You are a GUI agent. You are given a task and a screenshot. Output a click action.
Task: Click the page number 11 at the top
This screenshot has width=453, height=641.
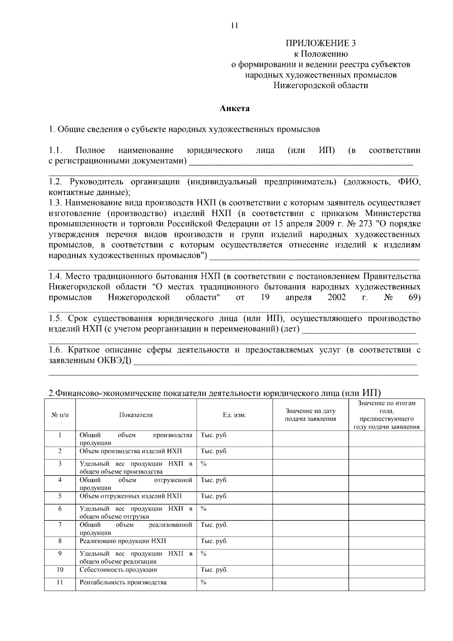click(x=234, y=26)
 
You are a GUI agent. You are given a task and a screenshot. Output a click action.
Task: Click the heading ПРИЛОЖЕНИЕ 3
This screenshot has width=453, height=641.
click(x=320, y=43)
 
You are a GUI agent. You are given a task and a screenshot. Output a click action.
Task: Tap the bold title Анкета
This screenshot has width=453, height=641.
click(x=234, y=108)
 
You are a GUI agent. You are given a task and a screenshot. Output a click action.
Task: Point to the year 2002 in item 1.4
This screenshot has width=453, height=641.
click(x=337, y=297)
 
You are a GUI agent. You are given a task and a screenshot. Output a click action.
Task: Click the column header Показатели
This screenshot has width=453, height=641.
click(x=136, y=415)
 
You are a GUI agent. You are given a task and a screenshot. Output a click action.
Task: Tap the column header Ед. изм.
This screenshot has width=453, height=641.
click(x=234, y=415)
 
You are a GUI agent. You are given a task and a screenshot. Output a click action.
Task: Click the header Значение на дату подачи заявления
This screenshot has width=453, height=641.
click(x=310, y=415)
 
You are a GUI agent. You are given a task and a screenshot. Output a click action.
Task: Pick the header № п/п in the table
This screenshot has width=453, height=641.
click(x=60, y=415)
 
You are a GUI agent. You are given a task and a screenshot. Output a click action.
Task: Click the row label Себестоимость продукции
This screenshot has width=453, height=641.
click(x=118, y=570)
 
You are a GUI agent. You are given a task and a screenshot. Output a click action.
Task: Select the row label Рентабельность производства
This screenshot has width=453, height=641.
click(x=123, y=582)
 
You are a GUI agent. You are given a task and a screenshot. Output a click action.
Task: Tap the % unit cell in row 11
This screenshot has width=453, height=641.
click(x=203, y=582)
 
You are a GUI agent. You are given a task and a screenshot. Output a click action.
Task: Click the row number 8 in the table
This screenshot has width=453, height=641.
click(x=60, y=541)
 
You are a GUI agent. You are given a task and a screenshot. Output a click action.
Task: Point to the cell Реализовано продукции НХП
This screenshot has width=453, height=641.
click(x=123, y=541)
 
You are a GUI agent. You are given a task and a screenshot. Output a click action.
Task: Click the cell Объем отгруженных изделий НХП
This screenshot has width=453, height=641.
click(x=130, y=496)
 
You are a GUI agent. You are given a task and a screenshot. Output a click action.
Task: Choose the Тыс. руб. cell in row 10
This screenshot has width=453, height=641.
click(x=214, y=570)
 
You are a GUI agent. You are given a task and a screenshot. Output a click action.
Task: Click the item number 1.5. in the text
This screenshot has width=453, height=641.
click(x=55, y=318)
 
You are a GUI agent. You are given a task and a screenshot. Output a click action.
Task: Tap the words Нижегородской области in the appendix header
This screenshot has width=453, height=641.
click(x=320, y=85)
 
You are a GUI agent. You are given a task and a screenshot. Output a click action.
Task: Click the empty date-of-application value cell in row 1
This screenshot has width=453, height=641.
click(x=310, y=439)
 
